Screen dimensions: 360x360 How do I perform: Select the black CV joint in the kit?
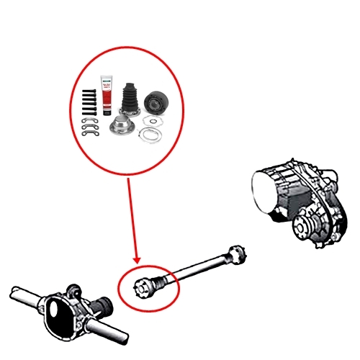(x=156, y=103)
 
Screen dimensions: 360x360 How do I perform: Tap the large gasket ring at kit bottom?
(x=150, y=135)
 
